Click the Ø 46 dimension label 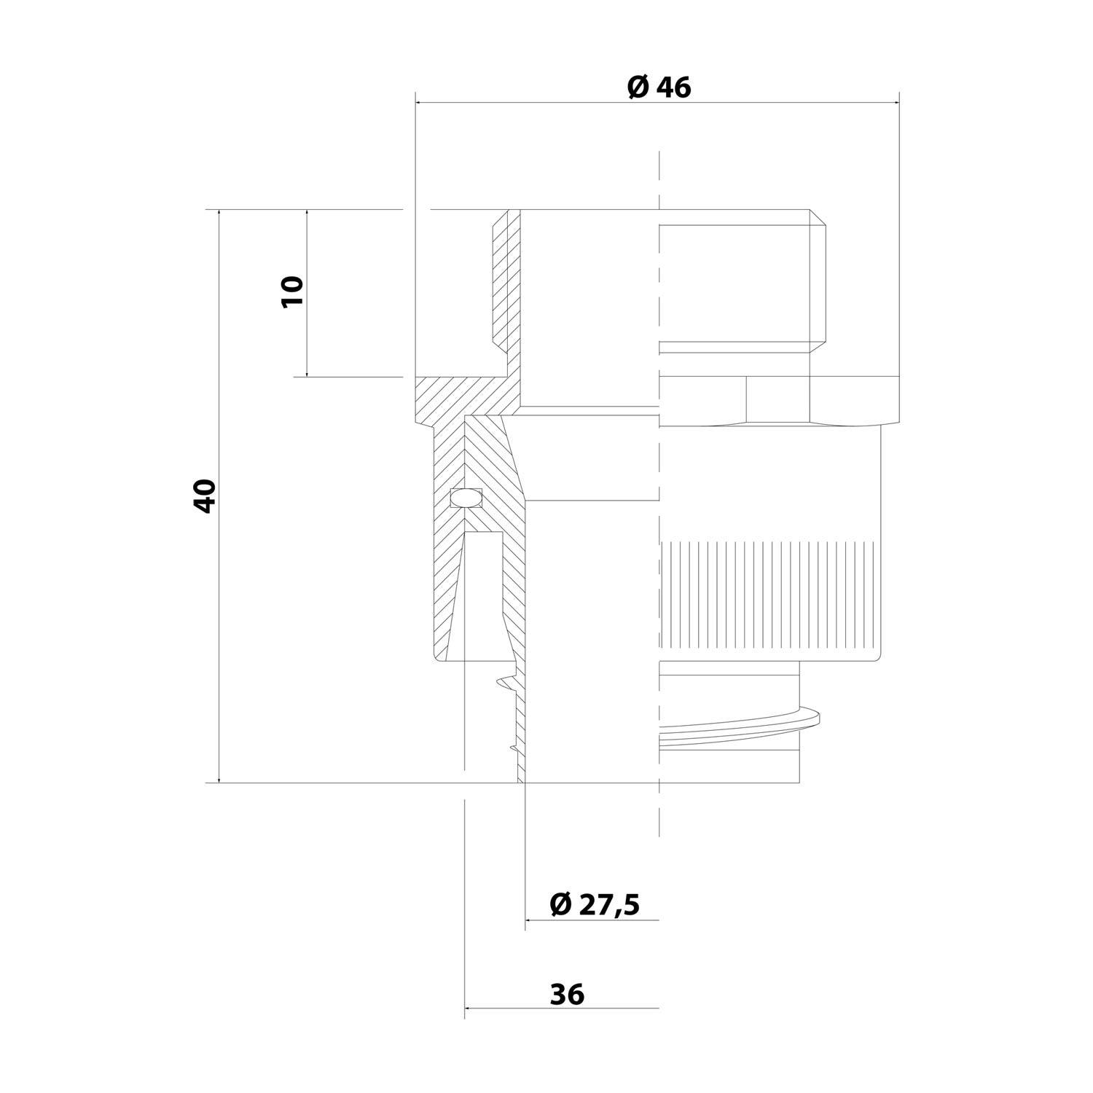click(659, 87)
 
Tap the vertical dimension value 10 click(292, 291)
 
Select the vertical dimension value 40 click(205, 495)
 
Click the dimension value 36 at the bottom click(568, 994)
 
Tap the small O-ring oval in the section click(466, 498)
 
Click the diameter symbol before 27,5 click(560, 904)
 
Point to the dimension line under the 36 click(561, 1008)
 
